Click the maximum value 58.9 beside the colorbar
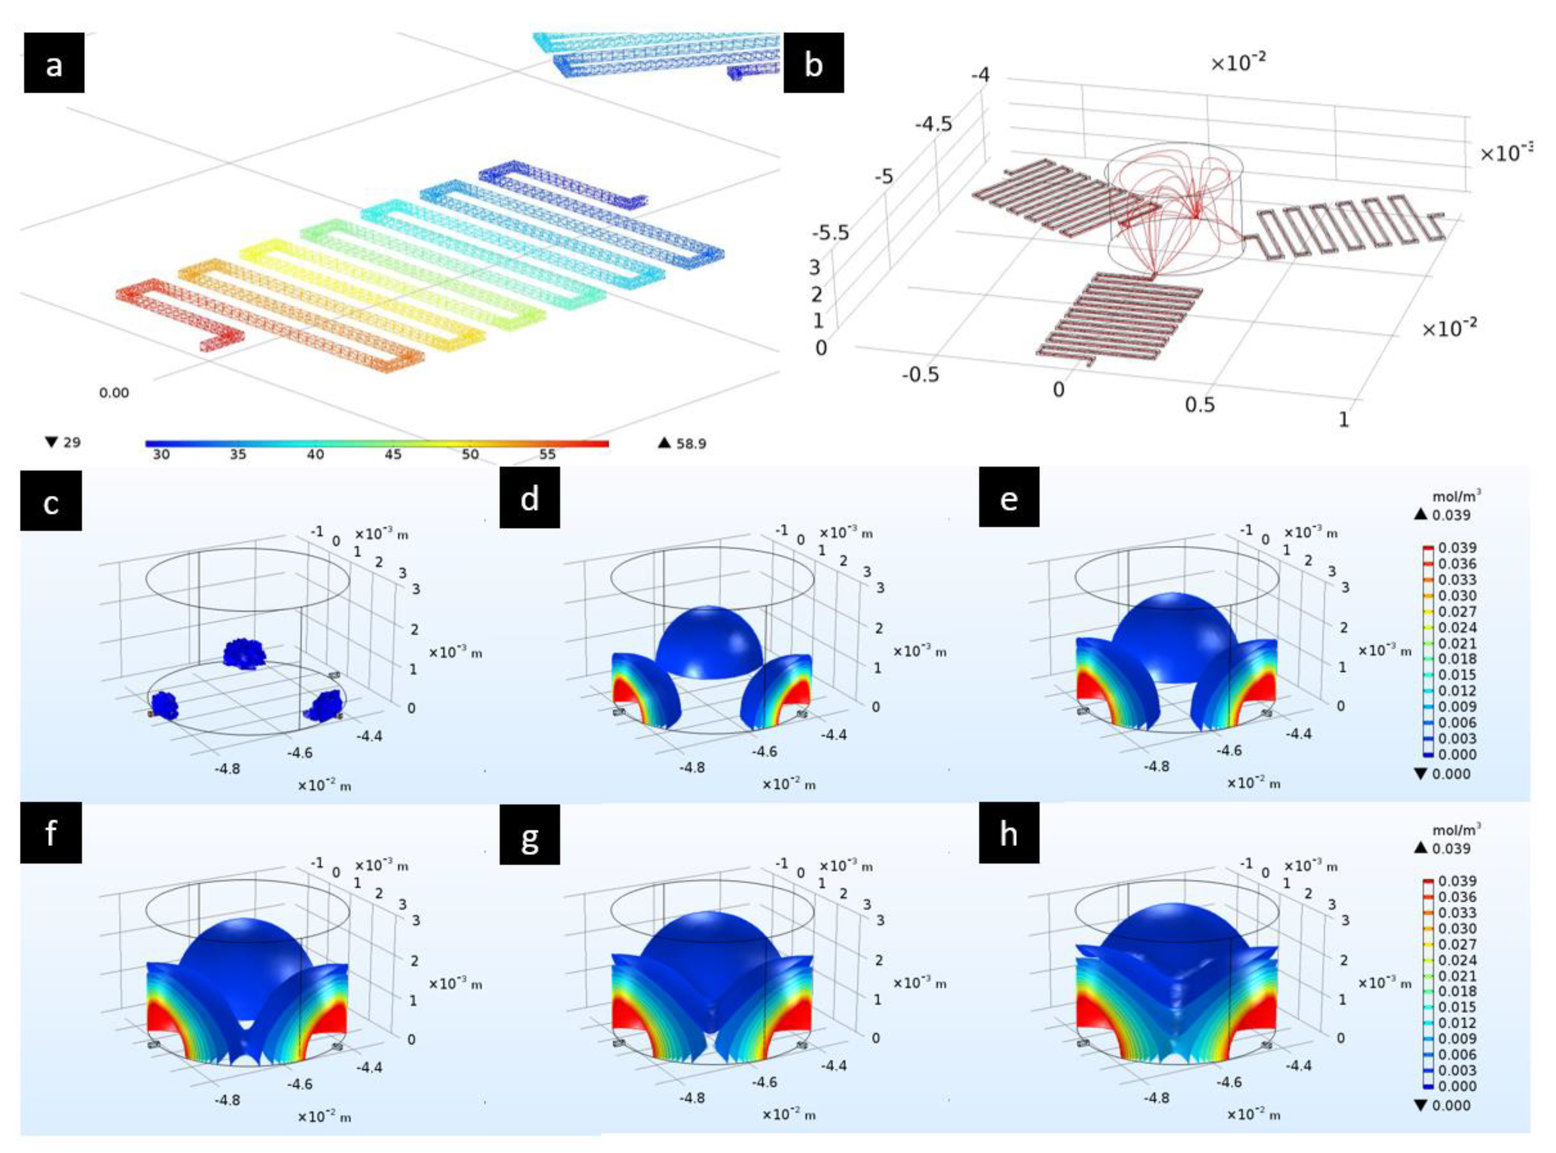[690, 443]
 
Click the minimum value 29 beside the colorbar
[71, 442]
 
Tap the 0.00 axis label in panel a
[114, 393]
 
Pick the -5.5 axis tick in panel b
[830, 233]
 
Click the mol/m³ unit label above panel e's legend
[1456, 496]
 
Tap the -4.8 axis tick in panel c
[227, 769]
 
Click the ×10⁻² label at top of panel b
[1237, 63]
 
